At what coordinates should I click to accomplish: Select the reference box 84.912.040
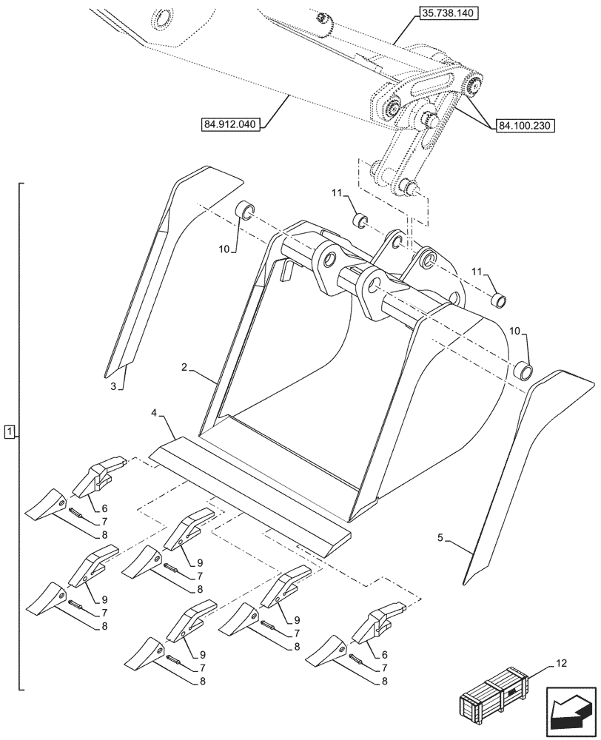(x=228, y=124)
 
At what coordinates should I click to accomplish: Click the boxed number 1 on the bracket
(x=8, y=431)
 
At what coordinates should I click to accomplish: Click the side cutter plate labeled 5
(x=522, y=474)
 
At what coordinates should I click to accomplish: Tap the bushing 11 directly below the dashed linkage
(x=360, y=221)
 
